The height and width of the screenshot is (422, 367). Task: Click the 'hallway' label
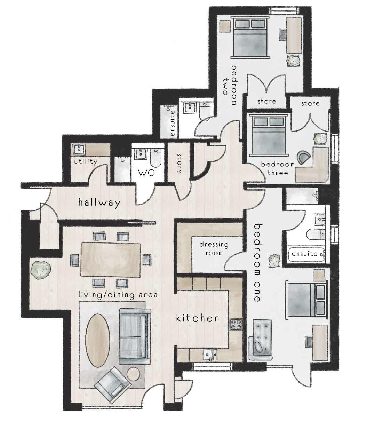tap(99, 202)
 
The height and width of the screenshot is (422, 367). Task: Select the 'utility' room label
tap(85, 162)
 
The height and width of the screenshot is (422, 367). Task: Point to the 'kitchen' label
tap(197, 318)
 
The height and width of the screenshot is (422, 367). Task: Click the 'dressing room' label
tap(214, 248)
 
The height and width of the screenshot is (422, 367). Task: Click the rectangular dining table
tap(111, 259)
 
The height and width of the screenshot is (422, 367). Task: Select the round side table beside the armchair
tap(133, 375)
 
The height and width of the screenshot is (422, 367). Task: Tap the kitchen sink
tap(210, 355)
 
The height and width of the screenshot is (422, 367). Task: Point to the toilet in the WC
tap(154, 158)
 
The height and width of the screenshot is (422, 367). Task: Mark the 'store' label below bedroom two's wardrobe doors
tap(267, 101)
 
